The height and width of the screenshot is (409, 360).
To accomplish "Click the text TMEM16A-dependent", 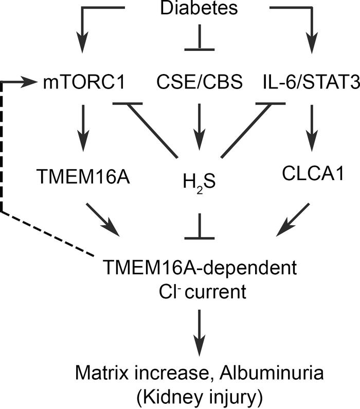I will [200, 268].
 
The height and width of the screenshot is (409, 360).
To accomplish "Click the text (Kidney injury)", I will [200, 394].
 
